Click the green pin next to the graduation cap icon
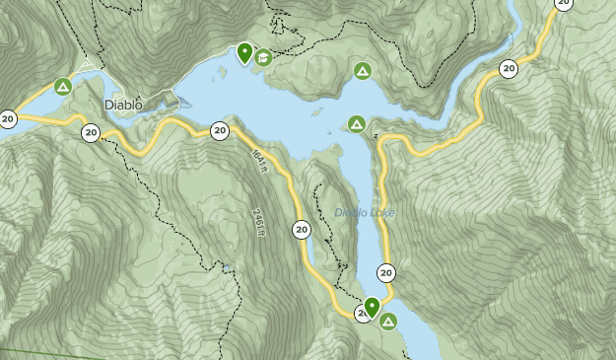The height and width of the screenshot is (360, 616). [244, 52]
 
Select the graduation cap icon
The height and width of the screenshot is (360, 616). [263, 57]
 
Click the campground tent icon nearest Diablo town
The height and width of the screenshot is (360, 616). [63, 87]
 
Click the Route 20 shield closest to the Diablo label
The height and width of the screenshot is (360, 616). [91, 132]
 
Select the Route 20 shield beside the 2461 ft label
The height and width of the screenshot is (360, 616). [301, 231]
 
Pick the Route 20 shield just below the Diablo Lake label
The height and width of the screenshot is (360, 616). [385, 273]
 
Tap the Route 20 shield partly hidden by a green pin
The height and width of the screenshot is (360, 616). [362, 314]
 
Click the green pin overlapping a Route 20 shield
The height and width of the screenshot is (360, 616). [373, 306]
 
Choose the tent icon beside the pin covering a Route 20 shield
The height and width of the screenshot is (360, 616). [388, 322]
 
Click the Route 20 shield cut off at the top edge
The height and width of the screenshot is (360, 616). [564, 4]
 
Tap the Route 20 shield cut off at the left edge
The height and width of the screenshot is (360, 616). [7, 118]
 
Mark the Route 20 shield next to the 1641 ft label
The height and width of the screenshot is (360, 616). [219, 130]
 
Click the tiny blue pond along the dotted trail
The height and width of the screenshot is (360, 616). [228, 266]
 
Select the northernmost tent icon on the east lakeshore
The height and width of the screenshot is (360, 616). [363, 71]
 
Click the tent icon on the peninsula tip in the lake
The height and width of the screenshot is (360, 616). [357, 123]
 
